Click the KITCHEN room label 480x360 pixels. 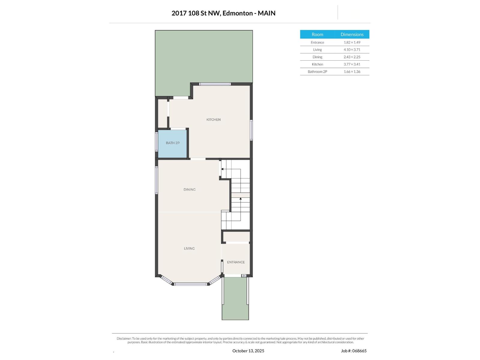click(213, 120)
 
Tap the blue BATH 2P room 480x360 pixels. click(172, 143)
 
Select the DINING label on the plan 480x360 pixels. click(189, 190)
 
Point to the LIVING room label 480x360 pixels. click(189, 248)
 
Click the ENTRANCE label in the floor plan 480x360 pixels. click(236, 262)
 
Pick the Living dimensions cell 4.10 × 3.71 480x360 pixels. click(352, 50)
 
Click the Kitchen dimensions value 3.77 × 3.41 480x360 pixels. click(352, 64)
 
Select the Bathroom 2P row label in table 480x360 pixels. click(317, 72)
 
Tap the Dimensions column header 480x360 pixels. click(352, 34)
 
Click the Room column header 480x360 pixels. click(317, 34)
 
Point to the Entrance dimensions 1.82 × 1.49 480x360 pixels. click(352, 43)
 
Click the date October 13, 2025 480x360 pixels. click(248, 351)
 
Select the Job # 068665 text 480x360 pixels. click(354, 351)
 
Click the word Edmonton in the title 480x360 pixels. click(238, 13)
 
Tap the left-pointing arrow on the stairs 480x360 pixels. click(222, 169)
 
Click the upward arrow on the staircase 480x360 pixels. click(241, 199)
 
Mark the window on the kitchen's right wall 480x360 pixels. click(251, 130)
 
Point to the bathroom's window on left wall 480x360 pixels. click(156, 142)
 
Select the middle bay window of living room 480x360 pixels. click(191, 284)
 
